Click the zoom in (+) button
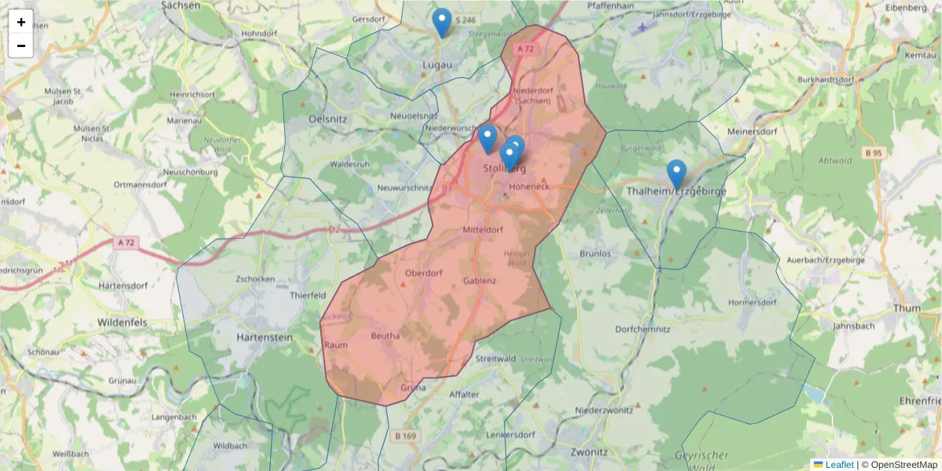21,22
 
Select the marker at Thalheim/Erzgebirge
676,173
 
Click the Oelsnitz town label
328,119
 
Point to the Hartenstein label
264,337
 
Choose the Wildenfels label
123,322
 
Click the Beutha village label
385,336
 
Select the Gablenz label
480,280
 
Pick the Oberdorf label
424,273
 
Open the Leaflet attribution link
839,465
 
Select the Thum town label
907,309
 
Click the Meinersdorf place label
752,131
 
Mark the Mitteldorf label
482,230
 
